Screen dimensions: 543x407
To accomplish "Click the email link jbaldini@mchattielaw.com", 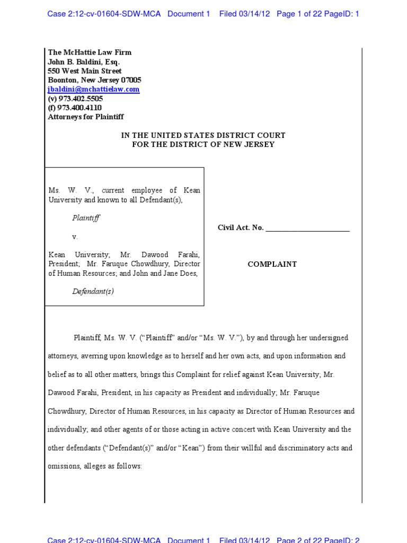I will [94, 90].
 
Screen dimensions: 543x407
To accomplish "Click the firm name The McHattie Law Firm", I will [90, 52].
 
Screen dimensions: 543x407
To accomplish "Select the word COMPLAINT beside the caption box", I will [272, 264].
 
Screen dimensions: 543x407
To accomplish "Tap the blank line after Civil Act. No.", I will [307, 228].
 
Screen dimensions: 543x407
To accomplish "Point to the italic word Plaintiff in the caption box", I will [86, 217].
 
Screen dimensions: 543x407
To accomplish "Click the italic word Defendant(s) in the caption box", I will [93, 291].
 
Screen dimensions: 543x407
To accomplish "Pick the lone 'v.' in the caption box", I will [75, 237].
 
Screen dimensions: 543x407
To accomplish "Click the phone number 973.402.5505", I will [80, 99].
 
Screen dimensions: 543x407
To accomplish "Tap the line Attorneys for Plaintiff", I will [86, 117].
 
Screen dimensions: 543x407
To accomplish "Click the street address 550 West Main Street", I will [85, 71].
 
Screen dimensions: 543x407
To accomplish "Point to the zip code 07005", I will [131, 80].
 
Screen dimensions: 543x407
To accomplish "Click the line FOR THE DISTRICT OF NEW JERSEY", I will [203, 144].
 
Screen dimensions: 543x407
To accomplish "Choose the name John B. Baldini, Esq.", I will [84, 62].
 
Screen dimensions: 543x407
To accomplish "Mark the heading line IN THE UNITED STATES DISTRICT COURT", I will [203, 136].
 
